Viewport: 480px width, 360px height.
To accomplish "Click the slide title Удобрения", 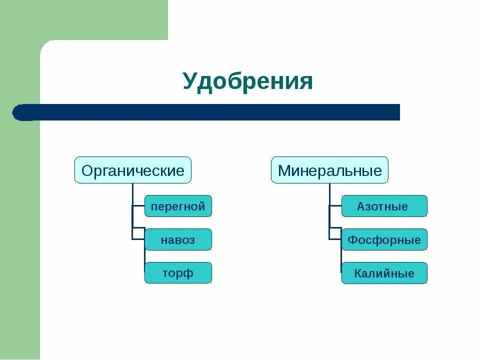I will point(247,81).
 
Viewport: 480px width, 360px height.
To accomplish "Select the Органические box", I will point(133,170).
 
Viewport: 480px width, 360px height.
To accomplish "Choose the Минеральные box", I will point(329,170).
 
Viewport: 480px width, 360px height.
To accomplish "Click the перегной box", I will point(178,206).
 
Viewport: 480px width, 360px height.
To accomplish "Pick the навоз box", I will point(178,239).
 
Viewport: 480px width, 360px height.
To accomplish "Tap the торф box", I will point(178,273).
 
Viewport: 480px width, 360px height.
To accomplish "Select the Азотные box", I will point(384,206).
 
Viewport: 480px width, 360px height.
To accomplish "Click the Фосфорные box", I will point(384,239).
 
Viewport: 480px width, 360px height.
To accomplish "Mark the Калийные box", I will point(384,273).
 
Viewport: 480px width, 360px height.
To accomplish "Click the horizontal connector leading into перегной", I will point(138,205).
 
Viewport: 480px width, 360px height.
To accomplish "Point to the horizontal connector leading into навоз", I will point(138,239).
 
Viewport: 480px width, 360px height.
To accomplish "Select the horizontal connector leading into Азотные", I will point(335,205).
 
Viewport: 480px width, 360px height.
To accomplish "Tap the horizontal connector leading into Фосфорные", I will point(335,239).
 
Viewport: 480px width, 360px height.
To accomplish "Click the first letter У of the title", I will point(188,81).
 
